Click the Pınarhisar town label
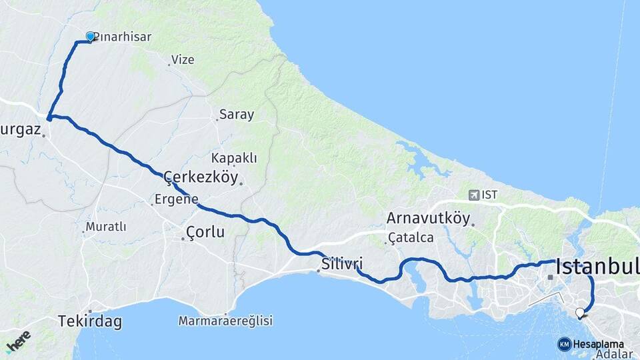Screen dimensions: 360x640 pyautogui.click(x=122, y=37)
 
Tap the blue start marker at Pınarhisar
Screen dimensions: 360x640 pyautogui.click(x=91, y=37)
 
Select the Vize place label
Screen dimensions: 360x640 pyautogui.click(x=183, y=60)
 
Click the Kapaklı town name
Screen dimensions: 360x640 pyautogui.click(x=233, y=158)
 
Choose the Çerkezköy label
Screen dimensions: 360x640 pyautogui.click(x=201, y=177)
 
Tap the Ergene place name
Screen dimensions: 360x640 pyautogui.click(x=176, y=199)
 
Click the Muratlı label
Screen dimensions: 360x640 pyautogui.click(x=105, y=227)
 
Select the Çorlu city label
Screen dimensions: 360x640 pyautogui.click(x=205, y=233)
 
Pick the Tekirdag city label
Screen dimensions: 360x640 pyautogui.click(x=90, y=321)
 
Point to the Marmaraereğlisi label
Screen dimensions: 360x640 pyautogui.click(x=225, y=321)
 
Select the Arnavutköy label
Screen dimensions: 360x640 pyautogui.click(x=428, y=219)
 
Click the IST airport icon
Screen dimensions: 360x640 pyautogui.click(x=474, y=195)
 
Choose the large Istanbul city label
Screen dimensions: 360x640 pyautogui.click(x=597, y=267)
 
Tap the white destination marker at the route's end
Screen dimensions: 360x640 pyautogui.click(x=580, y=312)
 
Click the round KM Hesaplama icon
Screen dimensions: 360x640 pyautogui.click(x=565, y=344)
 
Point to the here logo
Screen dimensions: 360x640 pyautogui.click(x=17, y=341)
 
